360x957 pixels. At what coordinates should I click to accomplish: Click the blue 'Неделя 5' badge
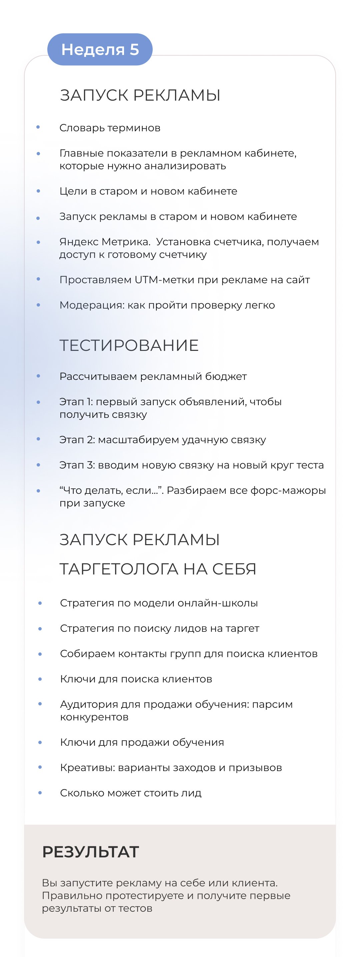pyautogui.click(x=100, y=49)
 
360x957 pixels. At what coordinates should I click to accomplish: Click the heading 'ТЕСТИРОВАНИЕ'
pyautogui.click(x=129, y=345)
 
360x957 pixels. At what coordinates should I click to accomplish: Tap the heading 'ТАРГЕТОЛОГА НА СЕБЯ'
pyautogui.click(x=158, y=569)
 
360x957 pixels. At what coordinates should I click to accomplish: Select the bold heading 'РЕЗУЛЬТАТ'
pyautogui.click(x=91, y=851)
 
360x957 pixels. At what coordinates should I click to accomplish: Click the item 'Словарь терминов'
pyautogui.click(x=110, y=128)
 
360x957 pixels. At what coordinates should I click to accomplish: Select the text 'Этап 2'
pyautogui.click(x=77, y=440)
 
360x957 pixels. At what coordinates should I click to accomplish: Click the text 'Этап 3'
pyautogui.click(x=77, y=465)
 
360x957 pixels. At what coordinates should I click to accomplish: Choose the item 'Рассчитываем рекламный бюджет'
pyautogui.click(x=153, y=376)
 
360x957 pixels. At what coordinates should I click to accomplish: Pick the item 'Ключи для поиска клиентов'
pyautogui.click(x=136, y=679)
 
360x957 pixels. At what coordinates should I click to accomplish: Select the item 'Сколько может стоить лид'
pyautogui.click(x=131, y=793)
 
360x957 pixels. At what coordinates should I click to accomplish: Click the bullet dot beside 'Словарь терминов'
pyautogui.click(x=38, y=127)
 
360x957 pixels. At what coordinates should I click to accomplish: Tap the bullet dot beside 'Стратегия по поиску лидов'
pyautogui.click(x=40, y=628)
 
